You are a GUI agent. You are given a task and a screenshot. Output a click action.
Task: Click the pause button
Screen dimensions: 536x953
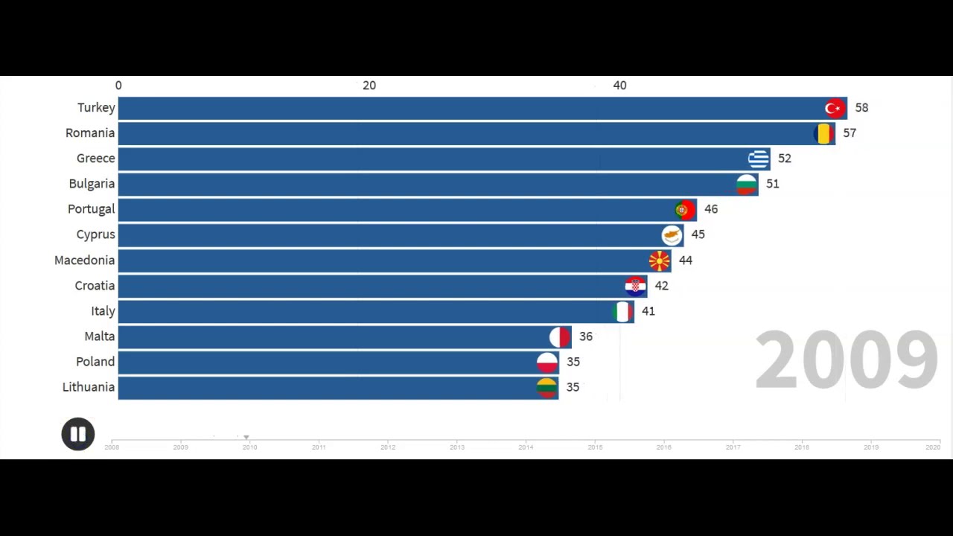78,434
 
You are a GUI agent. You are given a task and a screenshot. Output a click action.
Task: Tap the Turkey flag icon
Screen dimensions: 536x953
835,109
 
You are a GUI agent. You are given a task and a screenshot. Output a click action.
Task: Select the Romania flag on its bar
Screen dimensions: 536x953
823,134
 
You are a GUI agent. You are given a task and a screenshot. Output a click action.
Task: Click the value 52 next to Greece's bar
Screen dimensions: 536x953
784,159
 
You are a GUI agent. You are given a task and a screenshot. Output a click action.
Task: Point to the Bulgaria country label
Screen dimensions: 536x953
92,184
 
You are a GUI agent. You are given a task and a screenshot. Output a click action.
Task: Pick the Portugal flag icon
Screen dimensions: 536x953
685,210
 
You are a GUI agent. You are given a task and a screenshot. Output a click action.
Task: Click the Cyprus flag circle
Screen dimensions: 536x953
672,235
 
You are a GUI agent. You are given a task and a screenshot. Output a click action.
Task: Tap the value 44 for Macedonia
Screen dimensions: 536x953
685,261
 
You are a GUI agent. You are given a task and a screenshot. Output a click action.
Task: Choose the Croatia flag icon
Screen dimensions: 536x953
635,286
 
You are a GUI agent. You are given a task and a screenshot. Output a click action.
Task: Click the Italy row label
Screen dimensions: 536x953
103,311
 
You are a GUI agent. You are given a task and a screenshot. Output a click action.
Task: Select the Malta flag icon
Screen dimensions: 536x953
560,337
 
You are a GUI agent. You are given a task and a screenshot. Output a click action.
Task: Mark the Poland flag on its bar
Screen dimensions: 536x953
547,363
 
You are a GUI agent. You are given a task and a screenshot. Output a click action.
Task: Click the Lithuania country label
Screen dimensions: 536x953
89,387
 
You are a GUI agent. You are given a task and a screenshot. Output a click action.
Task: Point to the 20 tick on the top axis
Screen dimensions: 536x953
369,86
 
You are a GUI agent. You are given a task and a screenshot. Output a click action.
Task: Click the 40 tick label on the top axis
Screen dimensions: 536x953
619,86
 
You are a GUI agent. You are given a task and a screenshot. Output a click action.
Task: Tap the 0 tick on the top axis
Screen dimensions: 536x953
118,86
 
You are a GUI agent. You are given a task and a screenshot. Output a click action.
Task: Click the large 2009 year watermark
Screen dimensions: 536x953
846,361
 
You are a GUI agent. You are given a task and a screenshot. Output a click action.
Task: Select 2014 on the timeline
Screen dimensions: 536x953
526,447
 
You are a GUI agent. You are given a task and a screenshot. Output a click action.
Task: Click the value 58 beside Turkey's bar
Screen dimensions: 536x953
861,108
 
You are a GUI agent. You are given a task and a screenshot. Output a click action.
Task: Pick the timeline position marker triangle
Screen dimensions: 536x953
246,438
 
